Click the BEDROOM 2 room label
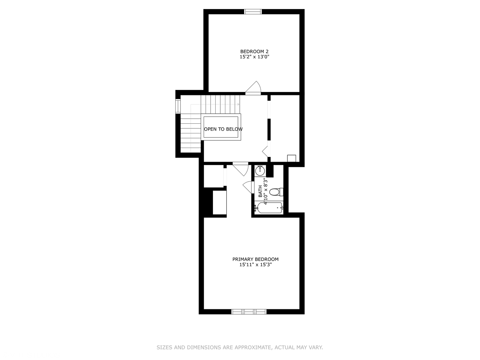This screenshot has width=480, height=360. pyautogui.click(x=254, y=52)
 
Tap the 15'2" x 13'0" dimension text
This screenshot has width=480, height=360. pyautogui.click(x=254, y=57)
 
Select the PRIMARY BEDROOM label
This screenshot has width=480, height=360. pyautogui.click(x=255, y=259)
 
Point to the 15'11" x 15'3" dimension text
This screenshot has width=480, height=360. pyautogui.click(x=255, y=265)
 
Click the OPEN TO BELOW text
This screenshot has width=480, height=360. pyautogui.click(x=223, y=129)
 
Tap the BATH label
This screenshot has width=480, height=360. pyautogui.click(x=260, y=191)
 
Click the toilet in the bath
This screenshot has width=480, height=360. pyautogui.click(x=276, y=192)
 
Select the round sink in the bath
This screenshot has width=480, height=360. pyautogui.click(x=260, y=171)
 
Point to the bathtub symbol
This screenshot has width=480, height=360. pyautogui.click(x=269, y=208)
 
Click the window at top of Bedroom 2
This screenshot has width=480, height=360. pyautogui.click(x=253, y=12)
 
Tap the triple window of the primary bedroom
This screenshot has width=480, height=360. pyautogui.click(x=249, y=312)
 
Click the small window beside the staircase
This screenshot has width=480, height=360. pyautogui.click(x=178, y=106)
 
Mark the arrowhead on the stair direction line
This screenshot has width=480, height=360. pyautogui.click(x=238, y=104)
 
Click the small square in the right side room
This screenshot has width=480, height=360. pyautogui.click(x=291, y=158)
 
